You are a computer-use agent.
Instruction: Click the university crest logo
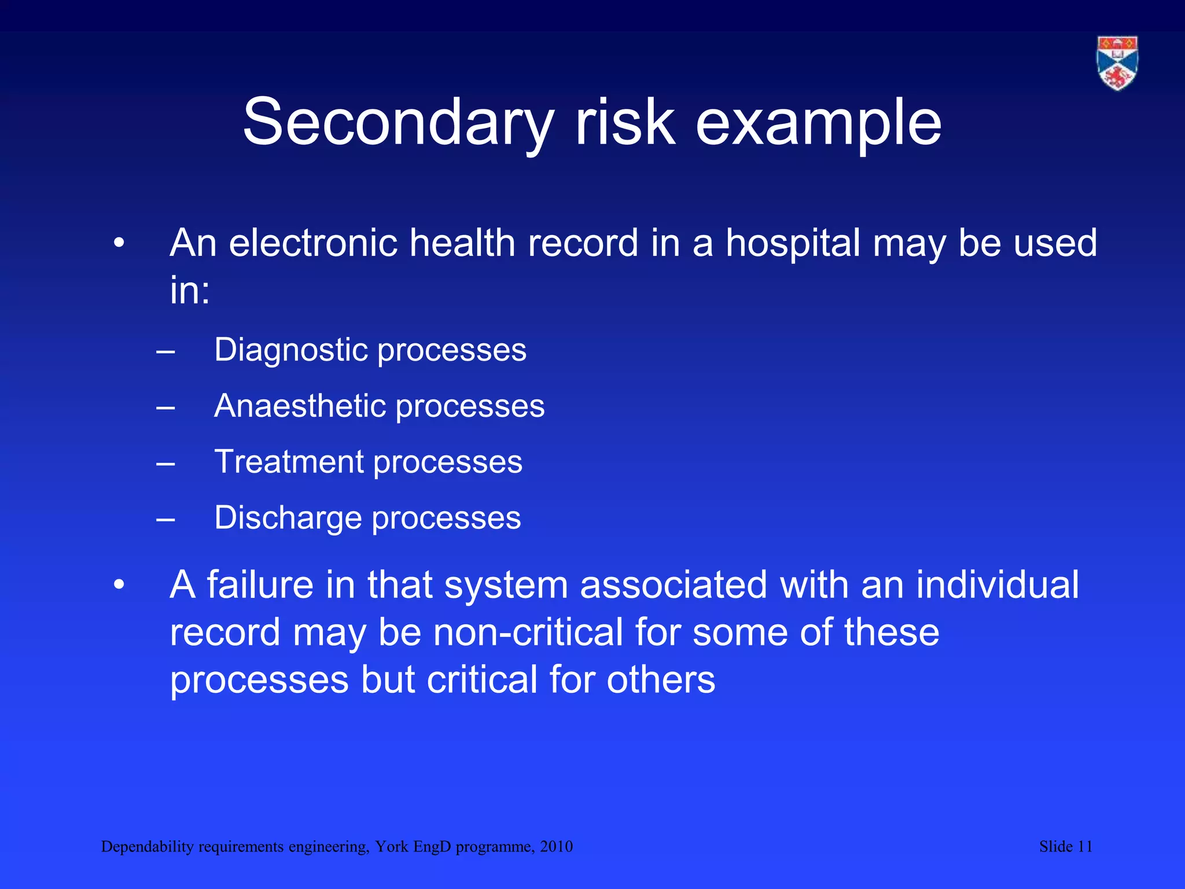click(x=1117, y=63)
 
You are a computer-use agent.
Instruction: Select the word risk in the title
click(x=624, y=123)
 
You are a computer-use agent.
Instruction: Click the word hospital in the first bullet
click(x=793, y=243)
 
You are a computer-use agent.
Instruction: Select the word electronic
click(x=313, y=243)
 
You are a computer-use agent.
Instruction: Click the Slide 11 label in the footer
click(x=1065, y=847)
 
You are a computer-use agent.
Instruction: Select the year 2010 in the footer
click(x=556, y=847)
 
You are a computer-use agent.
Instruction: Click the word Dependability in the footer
click(x=147, y=847)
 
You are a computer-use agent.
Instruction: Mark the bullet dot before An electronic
click(x=119, y=244)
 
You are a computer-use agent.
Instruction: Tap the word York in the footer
click(x=391, y=847)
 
